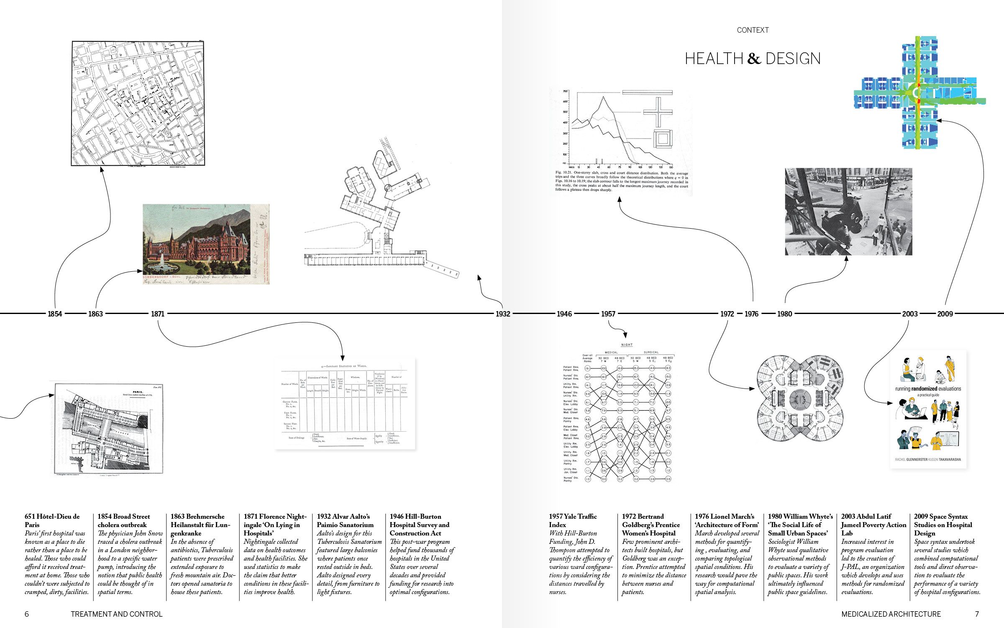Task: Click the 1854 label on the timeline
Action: click(55, 314)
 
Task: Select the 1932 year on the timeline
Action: click(503, 314)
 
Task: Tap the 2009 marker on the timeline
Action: click(945, 314)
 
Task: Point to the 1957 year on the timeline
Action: click(608, 314)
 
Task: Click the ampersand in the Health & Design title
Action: click(754, 59)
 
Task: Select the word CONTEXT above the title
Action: click(753, 30)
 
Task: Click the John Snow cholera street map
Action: click(138, 103)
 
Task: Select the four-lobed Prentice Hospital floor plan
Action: click(800, 398)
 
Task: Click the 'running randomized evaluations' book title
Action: click(928, 389)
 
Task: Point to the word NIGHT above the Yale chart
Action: click(627, 345)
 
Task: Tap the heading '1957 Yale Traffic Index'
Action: click(573, 520)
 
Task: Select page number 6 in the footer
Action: click(27, 614)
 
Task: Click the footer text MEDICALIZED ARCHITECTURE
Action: click(891, 614)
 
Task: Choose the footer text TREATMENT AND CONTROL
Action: click(116, 614)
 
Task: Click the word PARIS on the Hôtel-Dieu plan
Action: click(138, 392)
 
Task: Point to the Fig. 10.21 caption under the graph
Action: click(622, 181)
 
